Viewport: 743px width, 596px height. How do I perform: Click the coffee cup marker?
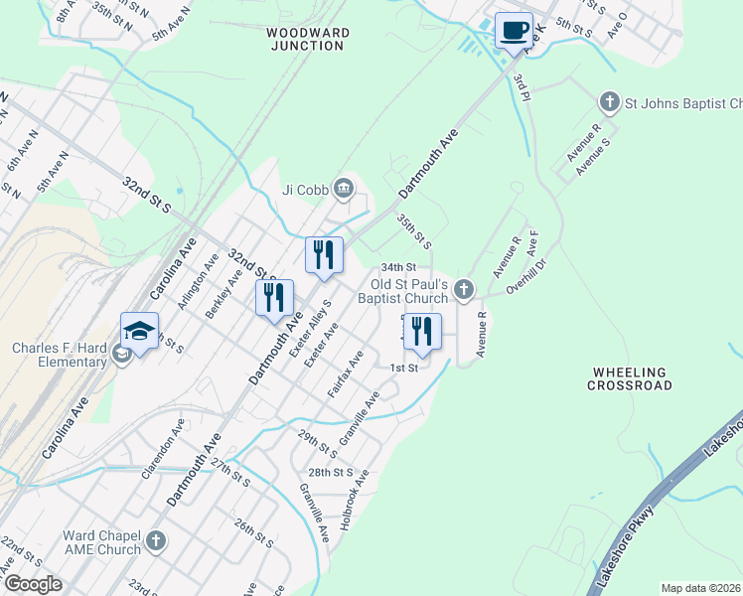pyautogui.click(x=514, y=31)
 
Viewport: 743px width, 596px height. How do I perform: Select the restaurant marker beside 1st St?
pyautogui.click(x=423, y=335)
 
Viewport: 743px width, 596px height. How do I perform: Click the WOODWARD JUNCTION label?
pyautogui.click(x=308, y=39)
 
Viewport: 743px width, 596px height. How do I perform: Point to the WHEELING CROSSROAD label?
pyautogui.click(x=632, y=378)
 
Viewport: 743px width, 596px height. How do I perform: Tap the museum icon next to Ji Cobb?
pyautogui.click(x=343, y=187)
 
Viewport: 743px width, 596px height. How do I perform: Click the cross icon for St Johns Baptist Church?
pyautogui.click(x=608, y=102)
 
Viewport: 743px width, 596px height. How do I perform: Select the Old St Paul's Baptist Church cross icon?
pyautogui.click(x=463, y=290)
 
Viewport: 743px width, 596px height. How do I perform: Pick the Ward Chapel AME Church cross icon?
pyautogui.click(x=155, y=541)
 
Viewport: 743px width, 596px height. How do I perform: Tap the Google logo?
pyautogui.click(x=32, y=584)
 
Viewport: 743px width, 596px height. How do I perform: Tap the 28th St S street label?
pyautogui.click(x=331, y=472)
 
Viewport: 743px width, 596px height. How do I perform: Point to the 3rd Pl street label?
pyautogui.click(x=522, y=85)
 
